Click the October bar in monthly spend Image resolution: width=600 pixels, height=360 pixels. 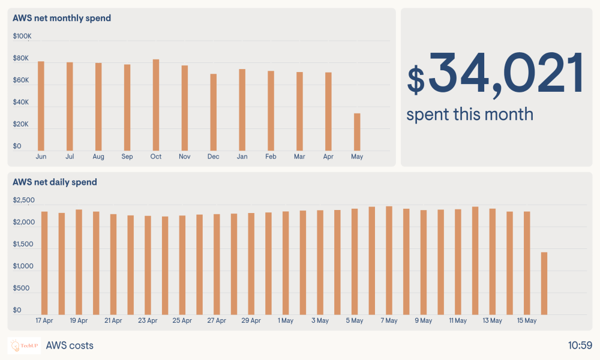click(x=156, y=105)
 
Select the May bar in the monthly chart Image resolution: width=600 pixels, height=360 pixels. click(x=358, y=132)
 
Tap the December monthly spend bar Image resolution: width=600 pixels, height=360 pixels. click(x=214, y=112)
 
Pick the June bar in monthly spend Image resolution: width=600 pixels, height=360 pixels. click(x=41, y=106)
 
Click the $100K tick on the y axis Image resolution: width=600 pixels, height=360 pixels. click(x=22, y=37)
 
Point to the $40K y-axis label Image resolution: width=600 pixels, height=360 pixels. click(x=21, y=103)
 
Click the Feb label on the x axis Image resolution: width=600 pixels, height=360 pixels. click(x=271, y=157)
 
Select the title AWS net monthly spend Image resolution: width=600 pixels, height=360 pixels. click(x=62, y=18)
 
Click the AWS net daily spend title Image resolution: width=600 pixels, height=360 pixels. click(x=55, y=182)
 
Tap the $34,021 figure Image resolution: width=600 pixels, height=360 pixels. click(x=496, y=74)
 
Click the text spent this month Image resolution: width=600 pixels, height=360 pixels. click(x=470, y=114)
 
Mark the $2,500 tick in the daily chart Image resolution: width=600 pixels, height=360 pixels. click(x=24, y=200)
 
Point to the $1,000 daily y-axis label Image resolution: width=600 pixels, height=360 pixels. click(x=24, y=266)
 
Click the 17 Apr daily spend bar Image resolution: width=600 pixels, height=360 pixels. click(x=44, y=263)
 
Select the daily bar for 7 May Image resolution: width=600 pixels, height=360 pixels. click(x=389, y=260)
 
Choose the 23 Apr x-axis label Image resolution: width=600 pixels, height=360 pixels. click(x=148, y=321)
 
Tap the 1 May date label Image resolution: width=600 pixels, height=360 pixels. click(x=286, y=321)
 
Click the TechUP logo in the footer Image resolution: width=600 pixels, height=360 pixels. click(x=24, y=346)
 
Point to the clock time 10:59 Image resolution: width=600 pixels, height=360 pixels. click(x=580, y=346)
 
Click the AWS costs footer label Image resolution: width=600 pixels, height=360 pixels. click(x=70, y=346)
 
